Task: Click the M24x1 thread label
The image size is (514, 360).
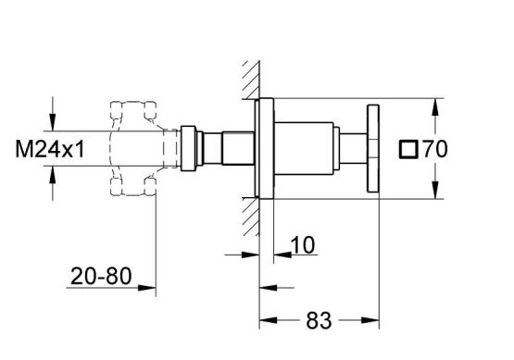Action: [50, 149]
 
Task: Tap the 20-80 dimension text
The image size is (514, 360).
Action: [101, 276]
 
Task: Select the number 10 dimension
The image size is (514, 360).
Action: [303, 244]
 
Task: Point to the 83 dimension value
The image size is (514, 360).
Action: [319, 320]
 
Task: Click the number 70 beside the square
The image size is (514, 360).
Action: [435, 149]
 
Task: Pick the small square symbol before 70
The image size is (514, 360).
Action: [408, 149]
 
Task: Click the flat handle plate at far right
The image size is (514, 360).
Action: [373, 148]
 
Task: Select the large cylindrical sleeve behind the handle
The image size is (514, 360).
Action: [304, 148]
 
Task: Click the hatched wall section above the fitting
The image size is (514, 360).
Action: [252, 80]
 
